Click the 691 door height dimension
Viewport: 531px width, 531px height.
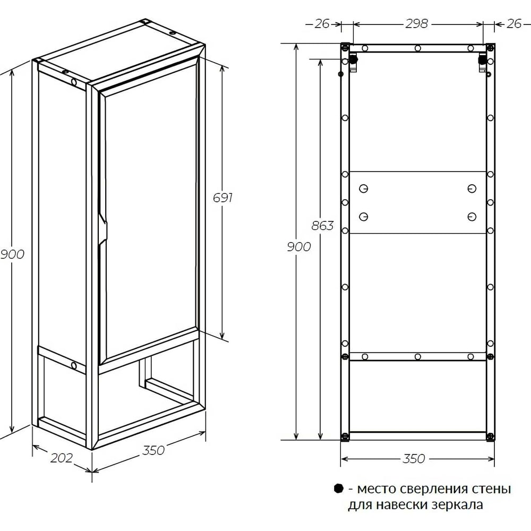[222, 198]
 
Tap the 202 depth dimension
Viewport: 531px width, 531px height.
[61, 458]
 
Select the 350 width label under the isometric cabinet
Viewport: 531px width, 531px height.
[153, 450]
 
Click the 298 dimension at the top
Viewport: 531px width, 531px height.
[417, 24]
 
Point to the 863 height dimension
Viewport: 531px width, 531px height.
[322, 226]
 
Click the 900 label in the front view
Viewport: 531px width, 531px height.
[298, 247]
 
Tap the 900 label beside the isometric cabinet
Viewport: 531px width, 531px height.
[12, 254]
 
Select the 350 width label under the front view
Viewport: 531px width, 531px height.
[414, 459]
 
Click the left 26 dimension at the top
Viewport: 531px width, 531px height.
[322, 24]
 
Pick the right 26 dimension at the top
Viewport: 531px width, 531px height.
[513, 24]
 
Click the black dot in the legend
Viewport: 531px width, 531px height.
[338, 489]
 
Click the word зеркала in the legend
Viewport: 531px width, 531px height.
[458, 504]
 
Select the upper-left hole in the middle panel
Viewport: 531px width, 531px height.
[363, 189]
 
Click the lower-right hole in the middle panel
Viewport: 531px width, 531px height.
[472, 217]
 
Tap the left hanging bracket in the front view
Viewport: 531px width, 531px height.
[353, 62]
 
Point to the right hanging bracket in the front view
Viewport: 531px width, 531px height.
[482, 62]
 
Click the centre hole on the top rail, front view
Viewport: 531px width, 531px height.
[417, 48]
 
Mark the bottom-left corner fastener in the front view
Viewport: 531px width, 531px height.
[345, 436]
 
